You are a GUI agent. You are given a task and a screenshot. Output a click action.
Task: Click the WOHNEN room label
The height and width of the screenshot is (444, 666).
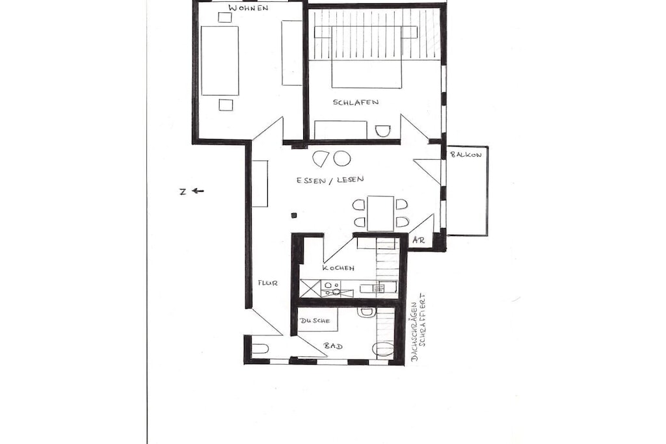coord(248,8)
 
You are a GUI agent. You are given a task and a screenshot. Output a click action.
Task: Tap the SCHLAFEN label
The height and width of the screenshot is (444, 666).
coord(356,102)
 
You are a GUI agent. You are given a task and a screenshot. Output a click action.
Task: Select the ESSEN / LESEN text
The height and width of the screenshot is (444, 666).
coord(330,179)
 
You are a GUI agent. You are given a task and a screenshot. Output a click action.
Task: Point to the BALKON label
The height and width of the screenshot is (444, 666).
coord(466,155)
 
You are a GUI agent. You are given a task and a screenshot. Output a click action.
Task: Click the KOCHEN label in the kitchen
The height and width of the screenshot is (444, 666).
coord(338,268)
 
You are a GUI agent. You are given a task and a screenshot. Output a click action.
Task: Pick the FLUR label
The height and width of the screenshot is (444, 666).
coord(267,282)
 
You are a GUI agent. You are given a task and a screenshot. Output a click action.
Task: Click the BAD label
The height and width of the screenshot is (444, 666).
coord(334,346)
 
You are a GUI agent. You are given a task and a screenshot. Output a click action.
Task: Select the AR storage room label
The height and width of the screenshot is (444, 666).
coord(419,241)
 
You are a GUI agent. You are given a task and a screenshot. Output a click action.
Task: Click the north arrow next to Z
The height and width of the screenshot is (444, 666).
coord(198,191)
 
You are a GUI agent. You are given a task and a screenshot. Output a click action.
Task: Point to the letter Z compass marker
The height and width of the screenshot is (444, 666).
coord(183,192)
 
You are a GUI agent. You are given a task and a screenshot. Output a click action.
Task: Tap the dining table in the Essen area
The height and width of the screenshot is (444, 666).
coord(380,213)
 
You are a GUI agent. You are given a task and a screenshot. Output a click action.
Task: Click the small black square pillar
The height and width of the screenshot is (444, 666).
coord(293,216)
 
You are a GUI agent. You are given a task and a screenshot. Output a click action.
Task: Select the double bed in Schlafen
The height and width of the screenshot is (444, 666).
coord(367,57)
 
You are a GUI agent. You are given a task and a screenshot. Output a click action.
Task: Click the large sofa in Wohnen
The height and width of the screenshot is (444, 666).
coord(220,60)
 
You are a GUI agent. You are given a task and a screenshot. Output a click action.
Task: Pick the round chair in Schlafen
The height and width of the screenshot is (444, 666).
coord(382,131)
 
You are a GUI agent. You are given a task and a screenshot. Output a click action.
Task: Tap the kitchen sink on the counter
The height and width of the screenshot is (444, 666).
coord(336,289)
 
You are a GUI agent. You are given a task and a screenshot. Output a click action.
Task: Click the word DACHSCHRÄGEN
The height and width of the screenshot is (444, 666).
coord(415,332)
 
